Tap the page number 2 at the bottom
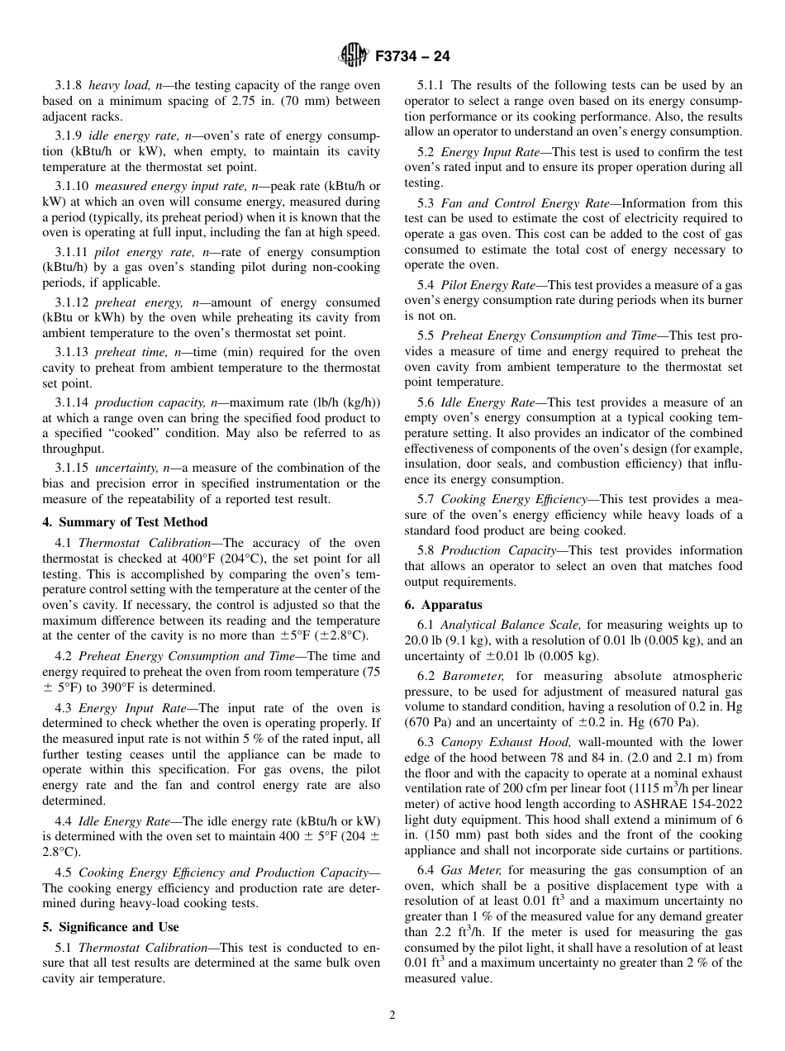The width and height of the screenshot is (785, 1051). pos(392,1015)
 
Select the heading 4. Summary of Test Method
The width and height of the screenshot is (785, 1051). pos(125,522)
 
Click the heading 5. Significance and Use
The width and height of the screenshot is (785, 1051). pos(110,927)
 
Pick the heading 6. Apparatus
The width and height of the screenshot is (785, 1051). pos(443,605)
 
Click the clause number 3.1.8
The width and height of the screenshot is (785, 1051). pos(69,85)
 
